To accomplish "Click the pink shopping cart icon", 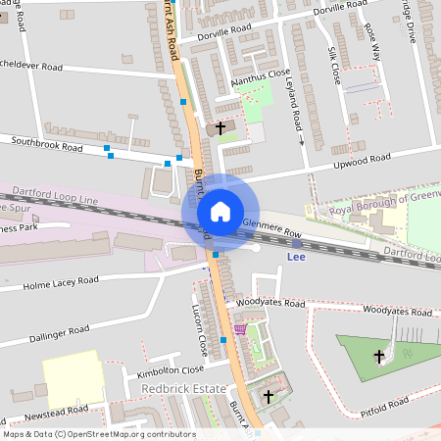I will pyautogui.click(x=241, y=329).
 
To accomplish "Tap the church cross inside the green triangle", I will pyautogui.click(x=381, y=357).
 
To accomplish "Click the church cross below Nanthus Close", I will pyautogui.click(x=220, y=127).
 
